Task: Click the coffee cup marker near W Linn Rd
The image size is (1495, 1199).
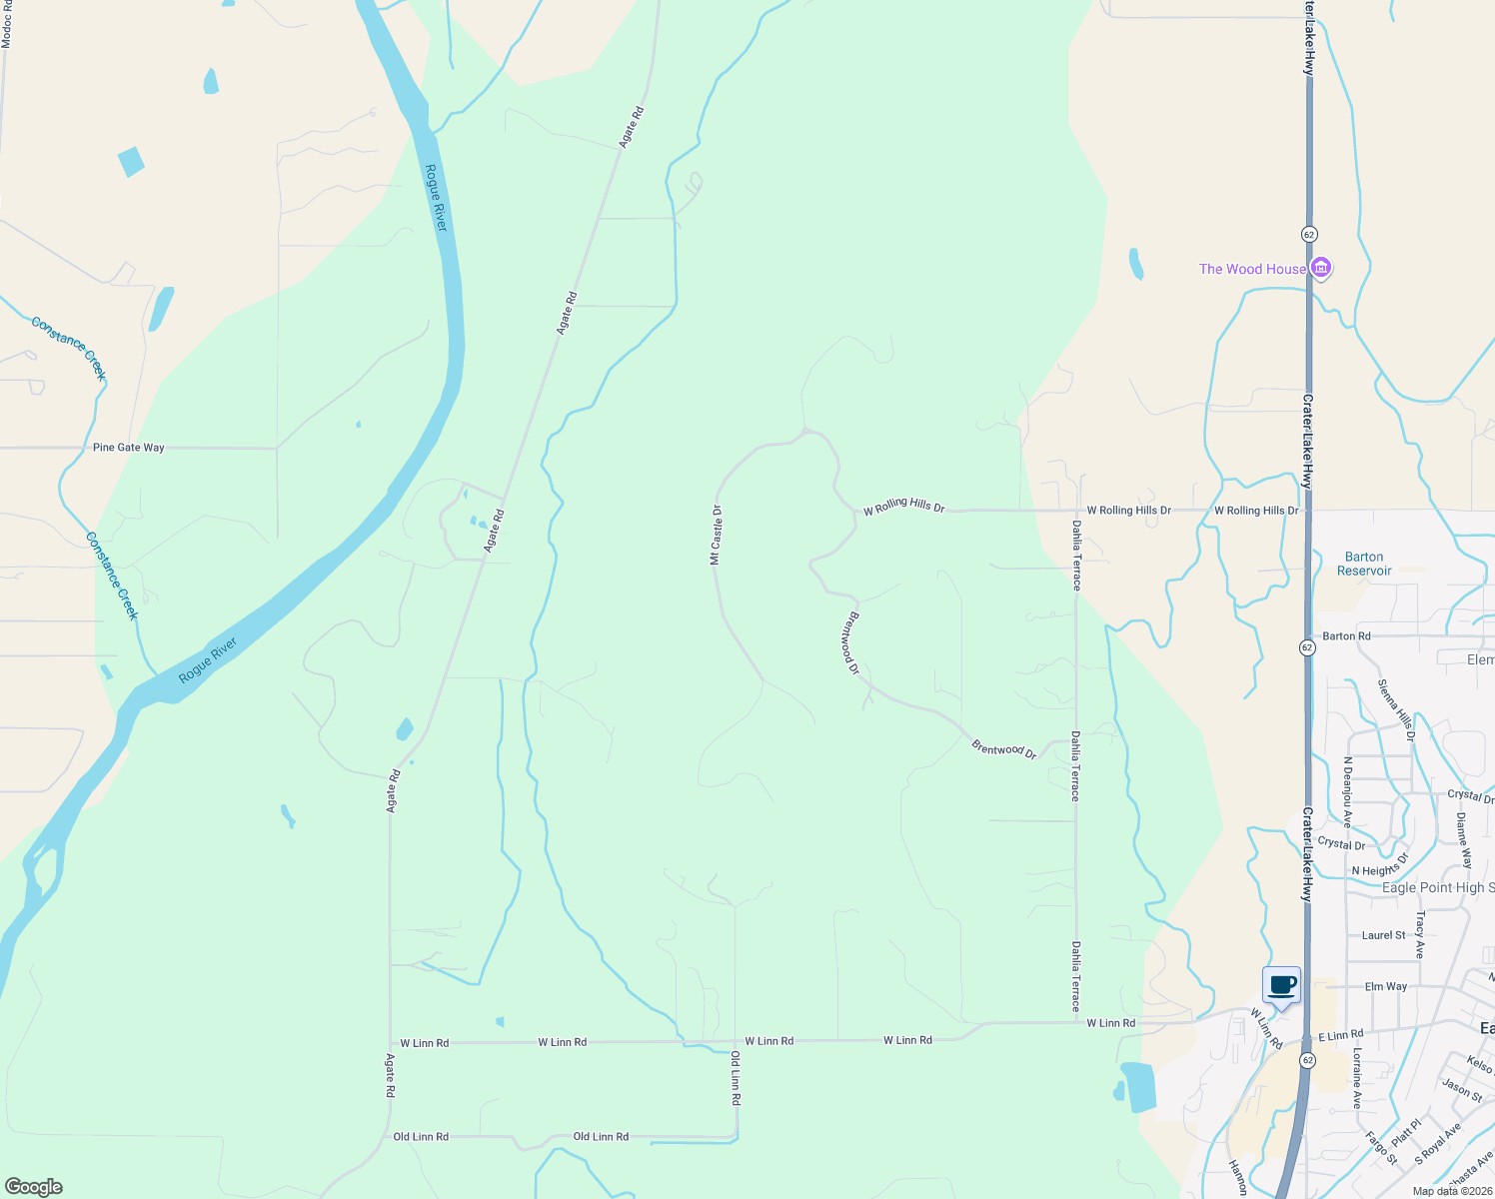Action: click(1282, 986)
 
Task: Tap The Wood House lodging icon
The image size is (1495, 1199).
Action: click(1321, 268)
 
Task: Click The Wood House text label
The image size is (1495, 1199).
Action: click(1252, 269)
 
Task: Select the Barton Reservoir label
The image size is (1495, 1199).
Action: click(1364, 564)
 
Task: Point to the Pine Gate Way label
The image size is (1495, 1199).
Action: click(129, 448)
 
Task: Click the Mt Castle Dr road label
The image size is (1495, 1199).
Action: click(716, 535)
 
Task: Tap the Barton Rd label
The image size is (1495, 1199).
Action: click(1346, 635)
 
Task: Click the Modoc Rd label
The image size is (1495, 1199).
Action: click(7, 25)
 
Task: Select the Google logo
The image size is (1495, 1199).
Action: click(33, 1187)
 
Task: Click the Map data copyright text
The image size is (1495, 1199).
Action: click(1452, 1191)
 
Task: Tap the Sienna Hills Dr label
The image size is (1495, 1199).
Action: click(1396, 709)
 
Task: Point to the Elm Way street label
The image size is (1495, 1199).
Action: click(1386, 986)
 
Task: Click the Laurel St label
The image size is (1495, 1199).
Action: click(1383, 935)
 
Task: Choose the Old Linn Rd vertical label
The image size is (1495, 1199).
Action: click(736, 1078)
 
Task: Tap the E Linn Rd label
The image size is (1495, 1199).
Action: click(1340, 1035)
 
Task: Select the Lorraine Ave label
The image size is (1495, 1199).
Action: click(1357, 1079)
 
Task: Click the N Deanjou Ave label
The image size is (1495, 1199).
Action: click(1347, 792)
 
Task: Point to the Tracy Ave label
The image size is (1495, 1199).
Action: click(1420, 934)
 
